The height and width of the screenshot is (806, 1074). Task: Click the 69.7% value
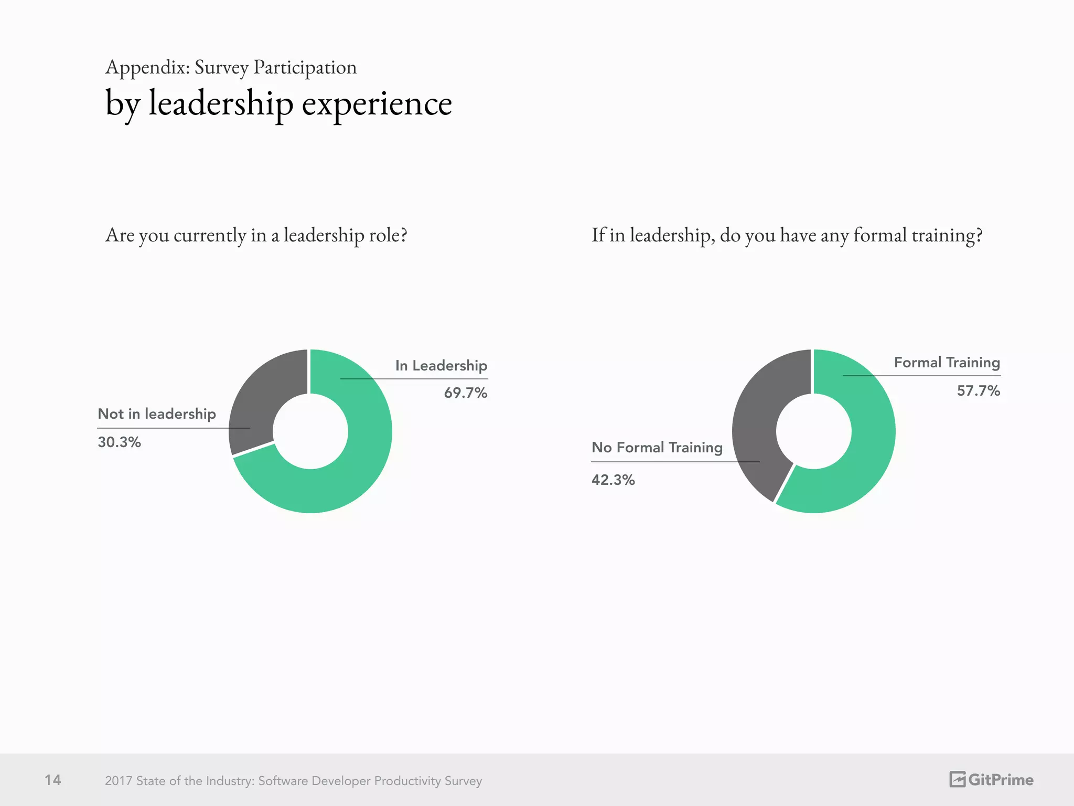(x=465, y=393)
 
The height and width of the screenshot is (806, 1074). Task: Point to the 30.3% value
(x=119, y=442)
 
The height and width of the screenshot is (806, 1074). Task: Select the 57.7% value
(x=978, y=390)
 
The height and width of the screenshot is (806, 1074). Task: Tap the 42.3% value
(x=613, y=480)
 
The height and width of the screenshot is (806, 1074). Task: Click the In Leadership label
(x=441, y=365)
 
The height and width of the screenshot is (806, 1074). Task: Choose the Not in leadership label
(x=156, y=413)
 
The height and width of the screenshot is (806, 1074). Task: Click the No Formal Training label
(x=657, y=447)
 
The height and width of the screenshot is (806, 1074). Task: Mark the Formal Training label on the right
(x=947, y=362)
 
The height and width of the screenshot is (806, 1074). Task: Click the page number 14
(x=53, y=780)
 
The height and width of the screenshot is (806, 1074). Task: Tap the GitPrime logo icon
(x=957, y=779)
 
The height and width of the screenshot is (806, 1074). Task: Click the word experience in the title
(x=377, y=103)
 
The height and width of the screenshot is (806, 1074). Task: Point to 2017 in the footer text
(x=119, y=781)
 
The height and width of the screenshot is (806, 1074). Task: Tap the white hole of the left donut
(x=310, y=431)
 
